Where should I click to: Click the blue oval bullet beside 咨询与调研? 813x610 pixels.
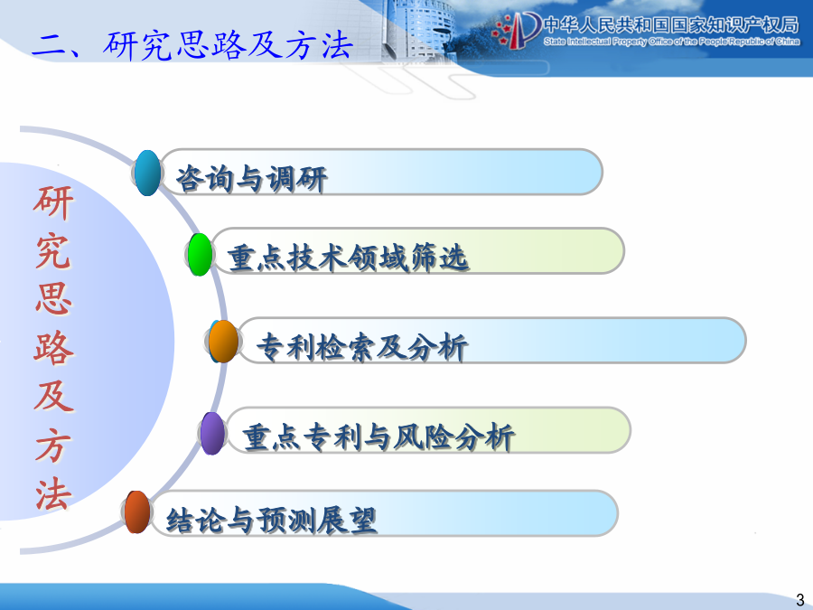click(x=148, y=173)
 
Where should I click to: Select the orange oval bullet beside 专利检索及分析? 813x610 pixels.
click(x=223, y=342)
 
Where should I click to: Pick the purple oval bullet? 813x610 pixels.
click(x=212, y=433)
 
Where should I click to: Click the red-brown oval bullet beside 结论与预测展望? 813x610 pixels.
click(x=137, y=512)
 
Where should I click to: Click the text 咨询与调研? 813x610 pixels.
click(x=251, y=179)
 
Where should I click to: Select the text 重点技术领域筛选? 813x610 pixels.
click(x=349, y=258)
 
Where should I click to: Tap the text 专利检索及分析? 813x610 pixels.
click(x=362, y=347)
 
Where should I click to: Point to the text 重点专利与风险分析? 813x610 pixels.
click(x=378, y=436)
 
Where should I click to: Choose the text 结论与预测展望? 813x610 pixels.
click(x=271, y=520)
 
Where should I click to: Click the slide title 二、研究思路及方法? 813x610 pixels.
click(x=192, y=45)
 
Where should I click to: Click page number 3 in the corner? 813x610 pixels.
click(x=800, y=599)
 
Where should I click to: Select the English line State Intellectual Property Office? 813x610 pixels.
click(x=671, y=42)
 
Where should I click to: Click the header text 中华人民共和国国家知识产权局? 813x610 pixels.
click(x=671, y=24)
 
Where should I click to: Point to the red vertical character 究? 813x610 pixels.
click(x=53, y=251)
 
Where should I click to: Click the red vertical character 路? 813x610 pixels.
click(x=53, y=348)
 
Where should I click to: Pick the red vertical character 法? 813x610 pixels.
click(x=53, y=494)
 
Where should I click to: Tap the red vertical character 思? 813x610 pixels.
click(x=53, y=299)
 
